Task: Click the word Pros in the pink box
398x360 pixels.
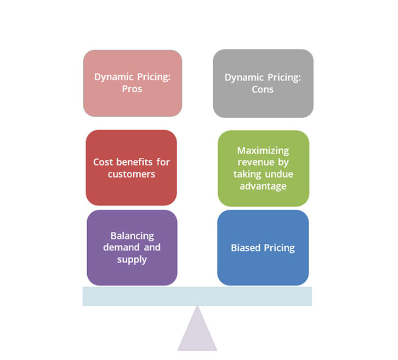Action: [132, 89]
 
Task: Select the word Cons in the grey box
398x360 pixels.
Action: [263, 89]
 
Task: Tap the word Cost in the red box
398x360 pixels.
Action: [103, 162]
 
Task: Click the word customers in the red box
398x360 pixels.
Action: [132, 174]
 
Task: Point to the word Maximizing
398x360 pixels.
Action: [263, 151]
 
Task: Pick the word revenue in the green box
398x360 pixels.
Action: [256, 162]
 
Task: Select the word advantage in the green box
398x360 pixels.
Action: [263, 186]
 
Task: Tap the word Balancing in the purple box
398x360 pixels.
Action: [132, 236]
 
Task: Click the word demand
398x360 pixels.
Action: [121, 247]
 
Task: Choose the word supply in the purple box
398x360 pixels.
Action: [132, 260]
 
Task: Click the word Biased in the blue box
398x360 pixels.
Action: [246, 248]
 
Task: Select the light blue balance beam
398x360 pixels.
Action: [197, 296]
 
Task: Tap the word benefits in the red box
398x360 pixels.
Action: [134, 162]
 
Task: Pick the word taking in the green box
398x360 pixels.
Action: [247, 175]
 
